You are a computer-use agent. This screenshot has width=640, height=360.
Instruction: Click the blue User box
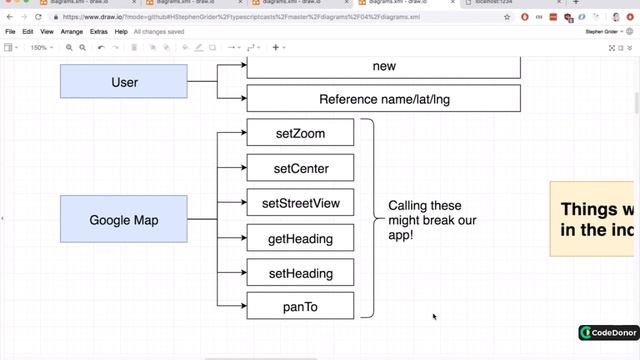pyautogui.click(x=124, y=82)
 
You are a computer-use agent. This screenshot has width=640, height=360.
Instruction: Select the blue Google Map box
pyautogui.click(x=124, y=220)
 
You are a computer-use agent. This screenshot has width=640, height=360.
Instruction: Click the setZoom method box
pyautogui.click(x=300, y=133)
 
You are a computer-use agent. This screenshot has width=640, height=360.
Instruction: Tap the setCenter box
pyautogui.click(x=300, y=168)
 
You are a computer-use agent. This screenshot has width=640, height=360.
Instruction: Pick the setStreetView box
pyautogui.click(x=300, y=203)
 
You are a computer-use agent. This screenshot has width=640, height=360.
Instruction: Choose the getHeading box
pyautogui.click(x=300, y=238)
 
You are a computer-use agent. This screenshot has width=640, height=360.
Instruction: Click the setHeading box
pyautogui.click(x=300, y=273)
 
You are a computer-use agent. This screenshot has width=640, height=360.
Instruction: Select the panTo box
pyautogui.click(x=300, y=306)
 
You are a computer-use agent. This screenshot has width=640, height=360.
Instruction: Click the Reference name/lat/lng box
pyautogui.click(x=383, y=99)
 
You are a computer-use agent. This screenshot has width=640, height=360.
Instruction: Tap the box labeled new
pyautogui.click(x=383, y=67)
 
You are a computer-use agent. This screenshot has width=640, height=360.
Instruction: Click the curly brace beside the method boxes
pyautogui.click(x=369, y=218)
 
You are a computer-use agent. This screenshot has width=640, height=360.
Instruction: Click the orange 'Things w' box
pyautogui.click(x=593, y=219)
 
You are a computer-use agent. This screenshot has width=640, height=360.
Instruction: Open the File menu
pyautogui.click(x=11, y=32)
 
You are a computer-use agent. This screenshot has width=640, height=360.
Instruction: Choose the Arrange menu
pyautogui.click(x=72, y=32)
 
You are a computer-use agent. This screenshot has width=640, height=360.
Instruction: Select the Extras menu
pyautogui.click(x=99, y=32)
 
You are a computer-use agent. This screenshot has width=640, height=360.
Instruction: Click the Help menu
pyautogui.click(x=121, y=32)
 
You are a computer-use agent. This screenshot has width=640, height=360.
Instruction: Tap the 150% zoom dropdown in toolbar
pyautogui.click(x=41, y=47)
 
